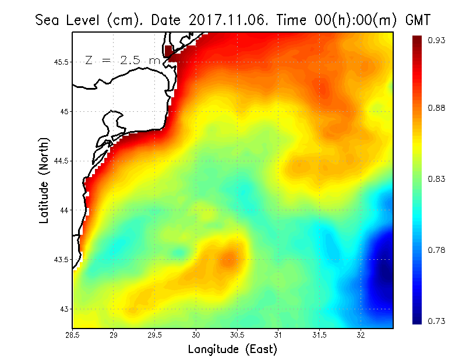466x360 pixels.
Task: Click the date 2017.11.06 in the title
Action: coord(221,20)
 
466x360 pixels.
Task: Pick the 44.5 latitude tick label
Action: coord(60,161)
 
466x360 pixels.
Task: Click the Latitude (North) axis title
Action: coord(43,181)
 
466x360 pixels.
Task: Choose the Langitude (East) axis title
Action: coord(232,350)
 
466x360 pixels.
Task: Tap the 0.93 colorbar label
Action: coord(436,40)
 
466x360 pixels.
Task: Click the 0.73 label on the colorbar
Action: coord(436,321)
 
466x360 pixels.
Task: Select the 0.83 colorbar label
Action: coord(436,179)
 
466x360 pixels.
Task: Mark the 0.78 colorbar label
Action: coord(436,250)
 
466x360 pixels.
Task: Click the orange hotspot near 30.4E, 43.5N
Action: coord(230,257)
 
